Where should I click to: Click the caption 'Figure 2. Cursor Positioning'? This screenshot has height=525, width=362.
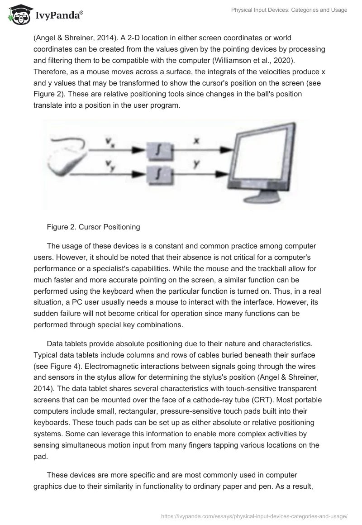93,227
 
